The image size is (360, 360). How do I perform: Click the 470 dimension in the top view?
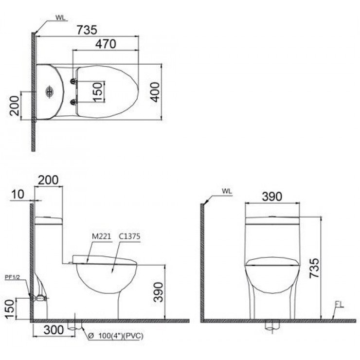[x=106, y=43]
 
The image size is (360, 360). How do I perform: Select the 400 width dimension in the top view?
[x=154, y=91]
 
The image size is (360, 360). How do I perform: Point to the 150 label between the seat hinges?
[x=98, y=91]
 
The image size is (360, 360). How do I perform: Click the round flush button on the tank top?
[x=49, y=91]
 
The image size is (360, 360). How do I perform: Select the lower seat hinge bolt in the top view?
[x=73, y=102]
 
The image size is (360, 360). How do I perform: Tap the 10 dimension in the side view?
[x=18, y=195]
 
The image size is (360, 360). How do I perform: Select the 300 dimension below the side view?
[x=54, y=330]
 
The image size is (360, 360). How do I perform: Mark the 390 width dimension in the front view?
[x=272, y=197]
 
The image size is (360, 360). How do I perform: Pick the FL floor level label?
[x=339, y=305]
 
